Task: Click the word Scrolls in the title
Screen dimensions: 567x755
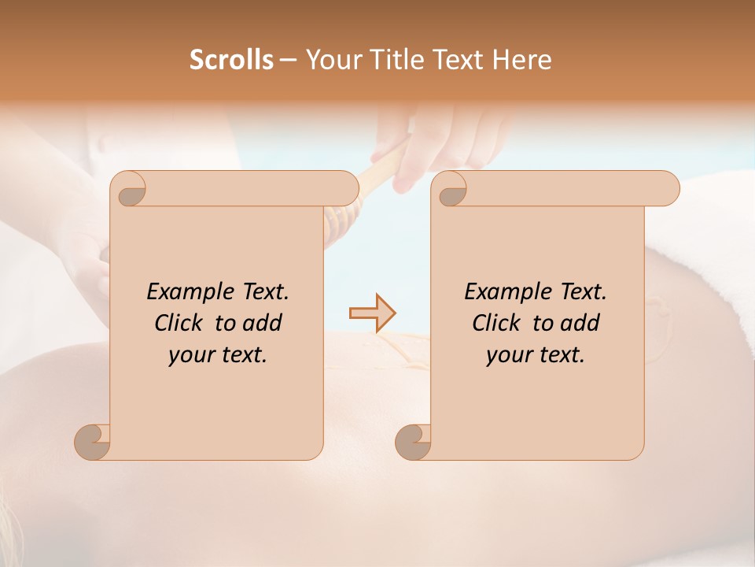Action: (231, 60)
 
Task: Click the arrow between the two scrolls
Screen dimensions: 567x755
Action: (372, 313)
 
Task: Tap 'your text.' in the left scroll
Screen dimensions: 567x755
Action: (218, 355)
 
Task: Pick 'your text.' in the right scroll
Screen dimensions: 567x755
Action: (536, 355)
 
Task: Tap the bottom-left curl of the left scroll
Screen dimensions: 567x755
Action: (92, 441)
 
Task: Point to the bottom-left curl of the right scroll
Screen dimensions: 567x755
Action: (413, 441)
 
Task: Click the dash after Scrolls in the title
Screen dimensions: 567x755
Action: (288, 61)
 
